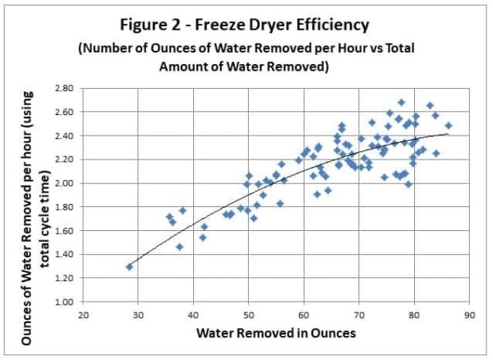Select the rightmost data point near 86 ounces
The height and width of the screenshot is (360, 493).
click(x=449, y=126)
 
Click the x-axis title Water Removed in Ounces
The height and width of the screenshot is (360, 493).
click(x=276, y=334)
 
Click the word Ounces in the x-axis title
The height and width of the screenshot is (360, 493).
click(x=330, y=334)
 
